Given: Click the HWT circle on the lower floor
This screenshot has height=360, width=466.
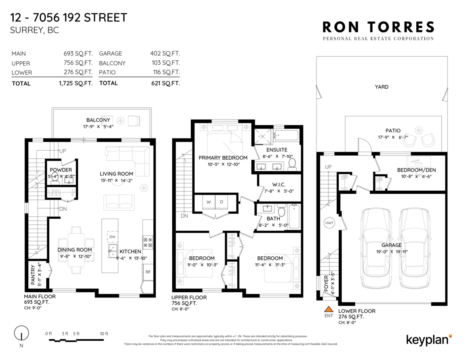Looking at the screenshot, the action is click(329, 223).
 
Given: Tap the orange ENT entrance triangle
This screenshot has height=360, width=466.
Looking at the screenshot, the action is click(329, 309).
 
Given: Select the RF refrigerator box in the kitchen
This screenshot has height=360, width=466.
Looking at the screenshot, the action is click(148, 272).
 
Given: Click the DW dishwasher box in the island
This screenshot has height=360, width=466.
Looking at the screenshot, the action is click(112, 237).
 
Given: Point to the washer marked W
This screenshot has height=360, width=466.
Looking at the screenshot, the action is click(209, 202).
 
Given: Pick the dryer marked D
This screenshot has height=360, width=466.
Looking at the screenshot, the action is click(221, 202).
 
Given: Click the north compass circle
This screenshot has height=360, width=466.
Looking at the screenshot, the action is click(21, 333).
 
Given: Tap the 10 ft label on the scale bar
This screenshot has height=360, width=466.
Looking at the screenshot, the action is click(104, 334).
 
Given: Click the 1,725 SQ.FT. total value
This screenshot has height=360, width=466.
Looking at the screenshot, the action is click(76, 83).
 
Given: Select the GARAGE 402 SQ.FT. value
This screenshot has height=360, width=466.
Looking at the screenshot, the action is click(165, 53).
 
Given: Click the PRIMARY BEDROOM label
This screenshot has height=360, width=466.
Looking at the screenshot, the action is click(223, 158).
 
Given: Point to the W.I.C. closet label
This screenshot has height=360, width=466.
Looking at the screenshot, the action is click(279, 184).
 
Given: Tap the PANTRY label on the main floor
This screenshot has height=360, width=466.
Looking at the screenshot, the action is click(33, 275).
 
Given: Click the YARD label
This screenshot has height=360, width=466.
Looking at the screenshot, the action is click(381, 87).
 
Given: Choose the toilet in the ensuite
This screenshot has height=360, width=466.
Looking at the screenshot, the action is click(292, 164).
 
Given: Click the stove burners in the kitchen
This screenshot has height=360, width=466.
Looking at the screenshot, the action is click(148, 242).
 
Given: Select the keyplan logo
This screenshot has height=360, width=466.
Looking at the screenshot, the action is click(429, 340).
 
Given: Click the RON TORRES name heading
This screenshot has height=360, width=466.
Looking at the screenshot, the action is click(379, 27).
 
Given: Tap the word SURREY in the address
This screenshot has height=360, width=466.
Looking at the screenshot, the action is click(27, 30).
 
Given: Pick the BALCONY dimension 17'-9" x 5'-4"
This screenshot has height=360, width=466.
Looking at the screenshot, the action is click(98, 127).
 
